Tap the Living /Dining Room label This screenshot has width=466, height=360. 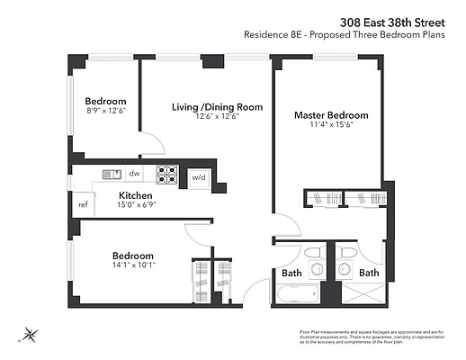(x=217, y=107)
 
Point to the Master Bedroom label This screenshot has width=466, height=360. (x=331, y=115)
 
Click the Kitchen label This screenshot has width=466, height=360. (x=135, y=195)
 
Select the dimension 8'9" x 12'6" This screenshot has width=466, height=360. (x=105, y=112)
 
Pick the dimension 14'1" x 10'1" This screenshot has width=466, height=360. (x=132, y=265)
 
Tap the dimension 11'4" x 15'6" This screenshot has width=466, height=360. (x=331, y=126)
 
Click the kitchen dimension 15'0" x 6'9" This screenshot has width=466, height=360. (x=135, y=205)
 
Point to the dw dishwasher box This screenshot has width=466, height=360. (x=134, y=174)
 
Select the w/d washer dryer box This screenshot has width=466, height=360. (x=198, y=176)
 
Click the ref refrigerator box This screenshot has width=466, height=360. (x=83, y=204)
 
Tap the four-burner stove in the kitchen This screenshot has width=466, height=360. (x=167, y=174)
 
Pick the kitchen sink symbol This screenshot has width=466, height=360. (x=111, y=174)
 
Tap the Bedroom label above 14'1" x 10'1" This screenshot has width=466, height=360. (x=132, y=255)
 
